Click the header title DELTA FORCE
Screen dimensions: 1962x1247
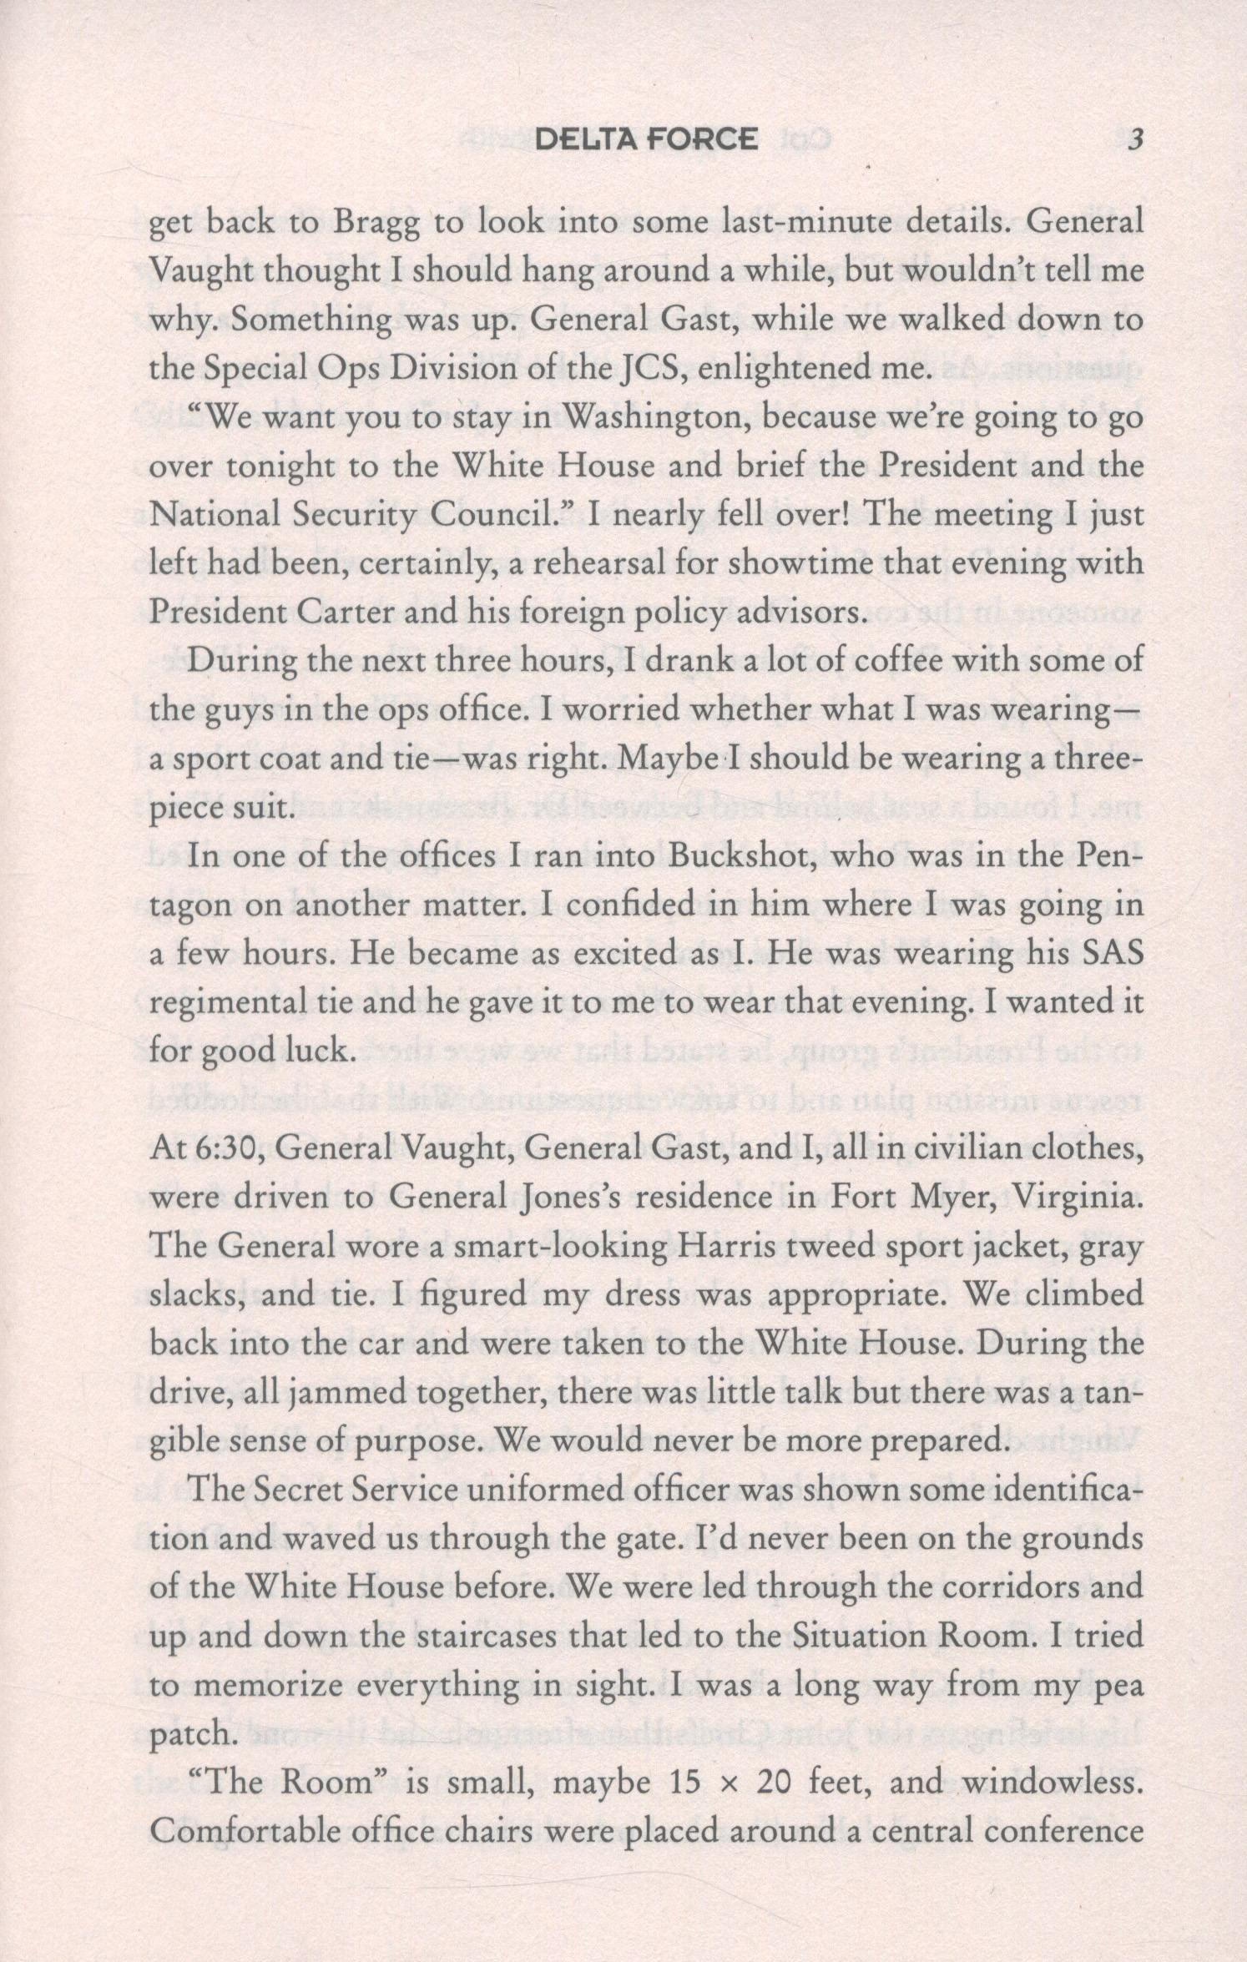(646, 139)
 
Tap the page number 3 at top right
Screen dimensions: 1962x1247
(1134, 140)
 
